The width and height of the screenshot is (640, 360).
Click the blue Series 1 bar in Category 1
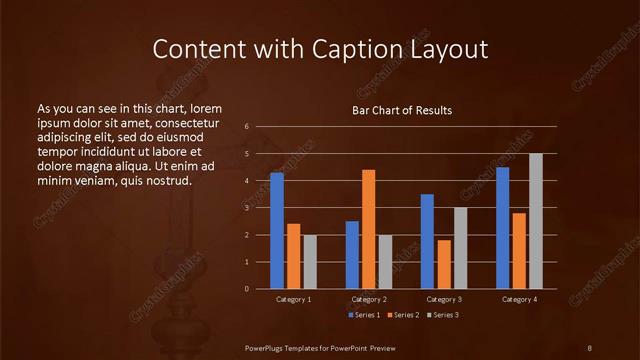click(277, 231)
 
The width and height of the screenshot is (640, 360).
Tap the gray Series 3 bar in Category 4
click(536, 221)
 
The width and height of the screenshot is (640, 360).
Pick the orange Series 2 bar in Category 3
click(444, 264)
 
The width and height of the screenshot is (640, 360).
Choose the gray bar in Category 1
click(310, 262)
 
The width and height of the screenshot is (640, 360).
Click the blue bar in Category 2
click(352, 255)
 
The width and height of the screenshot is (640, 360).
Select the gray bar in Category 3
click(461, 248)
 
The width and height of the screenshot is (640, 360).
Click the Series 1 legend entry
click(364, 315)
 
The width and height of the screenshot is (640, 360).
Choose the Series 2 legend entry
click(404, 315)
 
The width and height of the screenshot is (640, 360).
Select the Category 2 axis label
click(368, 299)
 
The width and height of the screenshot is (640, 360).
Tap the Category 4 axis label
click(519, 299)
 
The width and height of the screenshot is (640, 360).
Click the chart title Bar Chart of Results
click(402, 110)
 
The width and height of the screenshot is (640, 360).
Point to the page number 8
click(589, 346)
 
